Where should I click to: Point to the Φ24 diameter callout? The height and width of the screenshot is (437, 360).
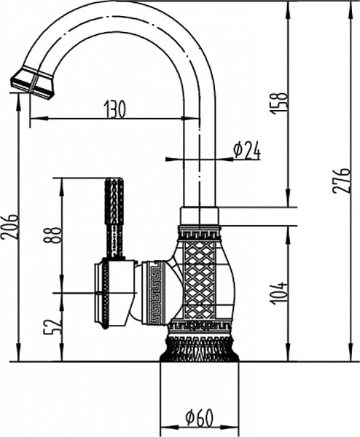(x=246, y=150)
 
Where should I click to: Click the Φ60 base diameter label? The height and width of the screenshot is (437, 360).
(x=198, y=418)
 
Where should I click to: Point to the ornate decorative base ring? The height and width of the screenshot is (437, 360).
(x=199, y=348)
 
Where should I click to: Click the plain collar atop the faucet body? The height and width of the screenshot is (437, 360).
(x=199, y=216)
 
